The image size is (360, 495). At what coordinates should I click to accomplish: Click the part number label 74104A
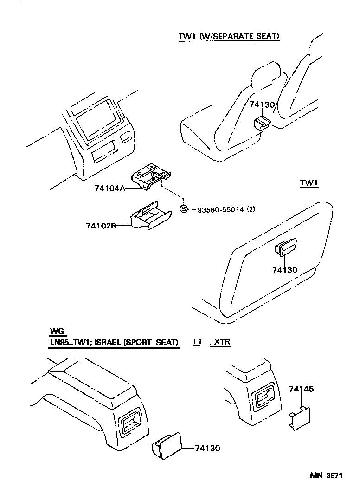pos(109,189)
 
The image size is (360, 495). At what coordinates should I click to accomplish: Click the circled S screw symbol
pos(184,209)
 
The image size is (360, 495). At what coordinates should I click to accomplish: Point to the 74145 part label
pos(302,389)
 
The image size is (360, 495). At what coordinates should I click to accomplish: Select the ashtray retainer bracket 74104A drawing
pos(151,176)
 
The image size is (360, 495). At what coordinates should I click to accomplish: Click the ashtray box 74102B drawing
pos(149,216)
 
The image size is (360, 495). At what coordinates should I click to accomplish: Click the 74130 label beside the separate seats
pos(263,105)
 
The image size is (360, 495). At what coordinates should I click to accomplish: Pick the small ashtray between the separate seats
pos(263,124)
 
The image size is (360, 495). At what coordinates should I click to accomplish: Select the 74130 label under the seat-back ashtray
pos(285,270)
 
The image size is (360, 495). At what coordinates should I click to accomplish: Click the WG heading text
pos(58,332)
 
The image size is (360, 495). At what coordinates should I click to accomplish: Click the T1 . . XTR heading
pos(212,343)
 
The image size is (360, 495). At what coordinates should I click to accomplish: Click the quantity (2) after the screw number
pos(251,209)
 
